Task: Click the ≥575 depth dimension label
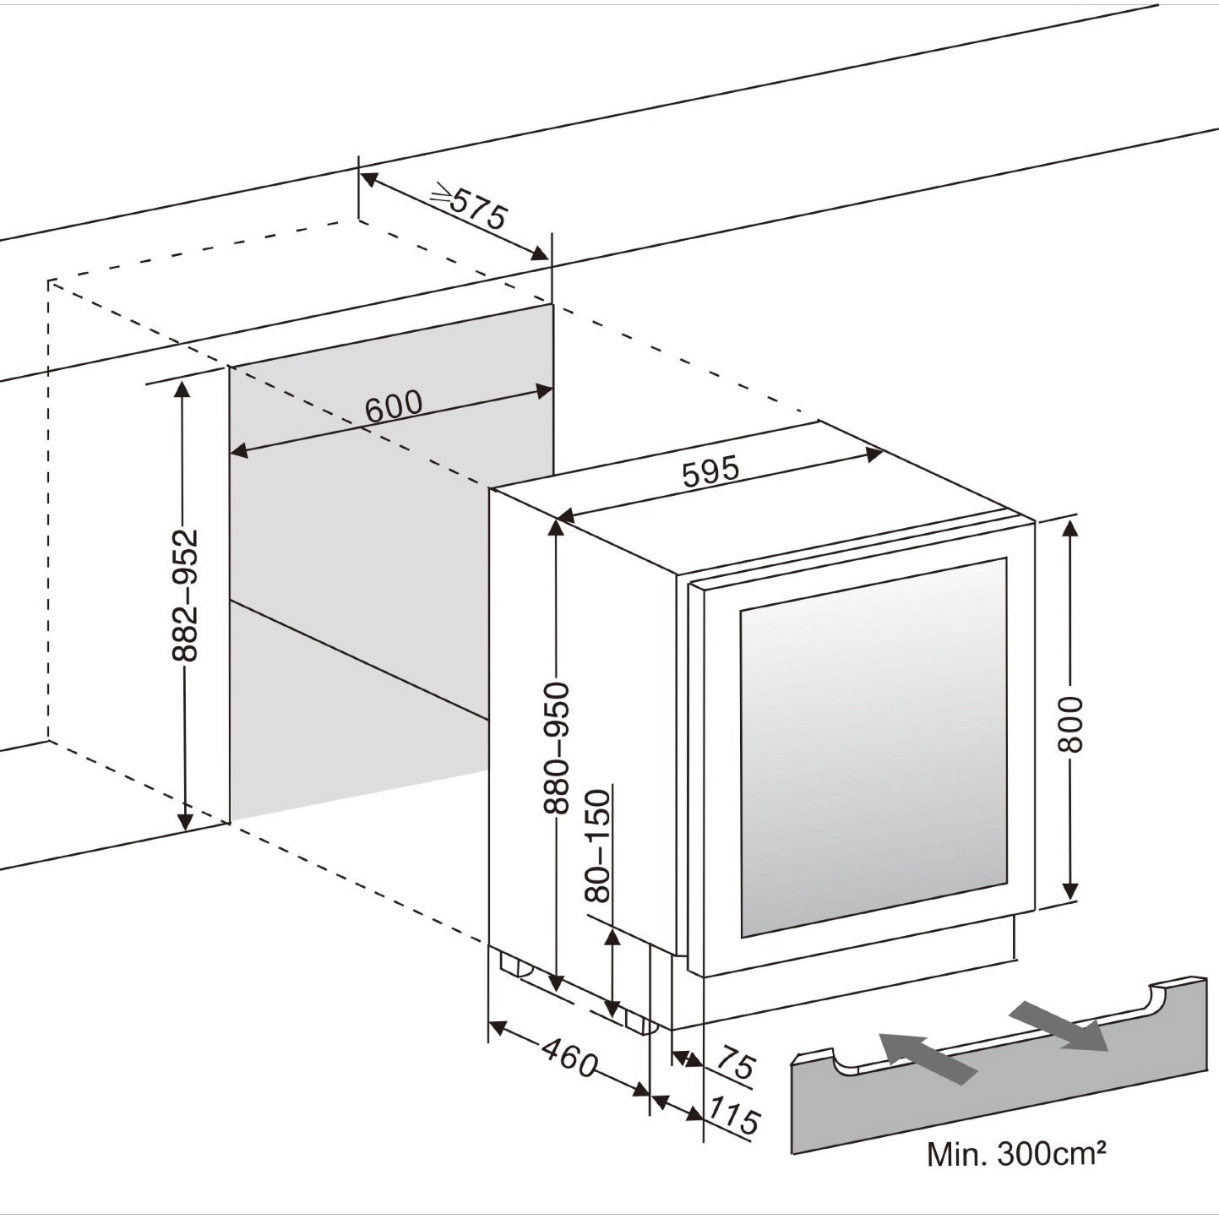[469, 208]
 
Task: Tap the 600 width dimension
[394, 405]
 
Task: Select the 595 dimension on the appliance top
[710, 471]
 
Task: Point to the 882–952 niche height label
[184, 595]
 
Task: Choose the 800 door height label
[1070, 724]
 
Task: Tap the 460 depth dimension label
[569, 1058]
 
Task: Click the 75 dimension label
[733, 1063]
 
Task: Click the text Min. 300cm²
[1017, 1154]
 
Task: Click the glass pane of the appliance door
[873, 748]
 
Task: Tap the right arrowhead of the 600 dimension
[542, 391]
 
